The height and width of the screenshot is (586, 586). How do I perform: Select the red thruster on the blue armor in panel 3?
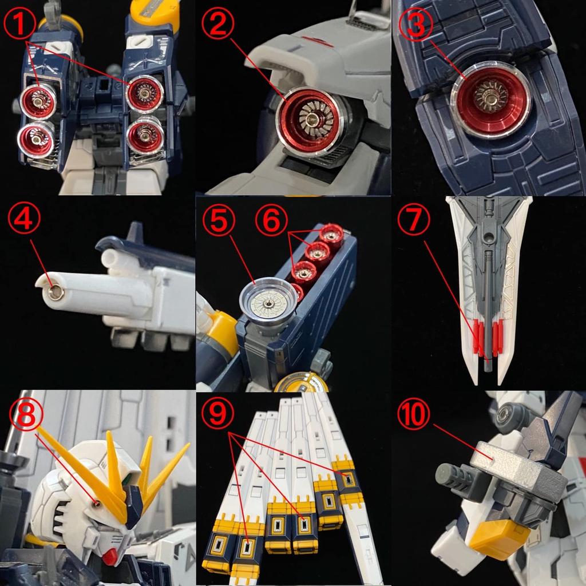pos(491,103)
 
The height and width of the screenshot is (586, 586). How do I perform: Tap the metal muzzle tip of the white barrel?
pos(56,293)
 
